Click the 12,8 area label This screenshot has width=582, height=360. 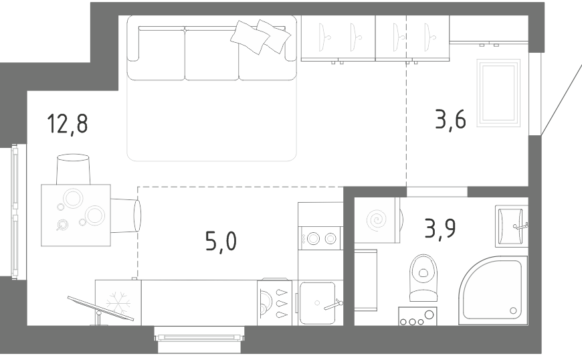68,124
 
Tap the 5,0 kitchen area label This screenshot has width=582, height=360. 221,242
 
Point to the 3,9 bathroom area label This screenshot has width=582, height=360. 440,229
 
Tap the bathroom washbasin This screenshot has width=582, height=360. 512,226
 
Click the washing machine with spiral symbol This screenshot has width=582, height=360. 377,220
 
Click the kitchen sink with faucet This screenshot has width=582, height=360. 318,303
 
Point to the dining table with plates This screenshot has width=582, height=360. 76,215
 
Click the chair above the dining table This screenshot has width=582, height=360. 73,169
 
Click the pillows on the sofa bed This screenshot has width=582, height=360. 261,36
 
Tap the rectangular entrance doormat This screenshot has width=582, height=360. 499,92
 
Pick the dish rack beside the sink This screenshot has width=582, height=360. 275,303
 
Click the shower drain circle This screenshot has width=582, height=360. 513,310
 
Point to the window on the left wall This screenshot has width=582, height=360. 15,211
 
